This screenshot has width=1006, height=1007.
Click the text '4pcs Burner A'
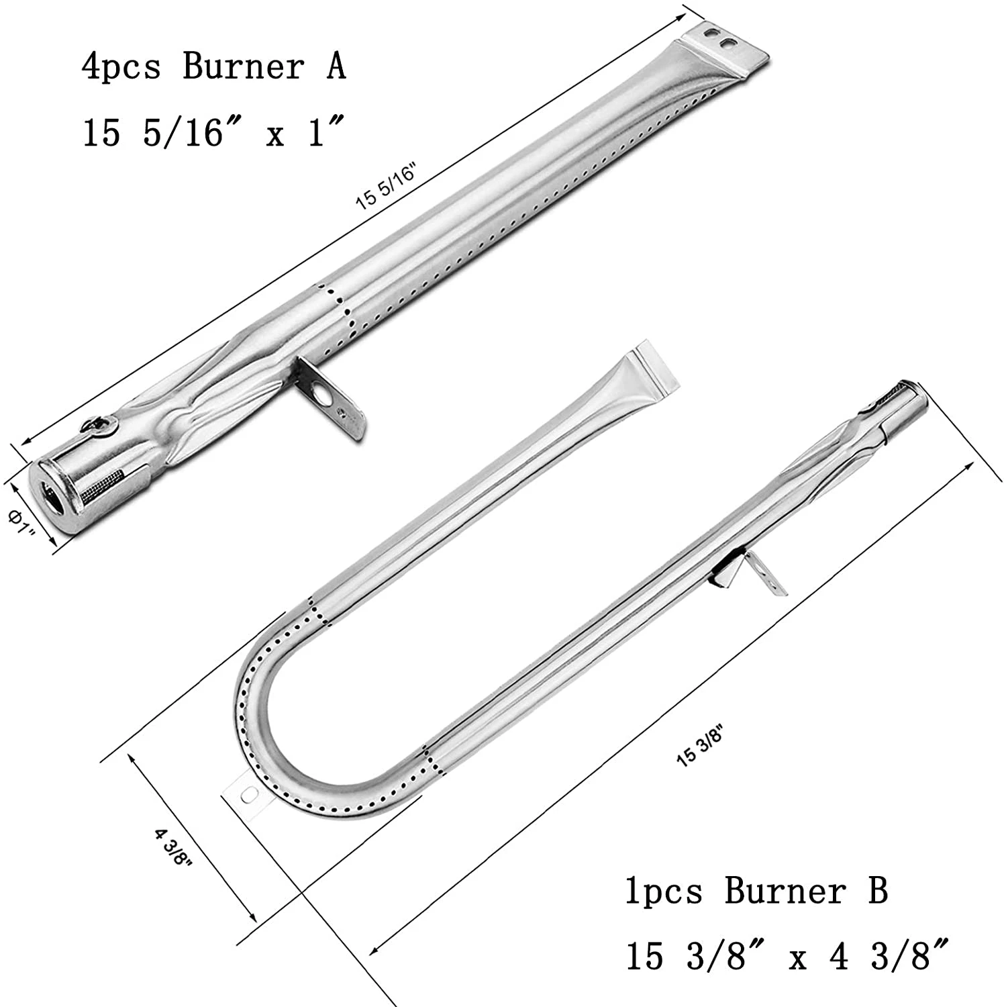(x=213, y=67)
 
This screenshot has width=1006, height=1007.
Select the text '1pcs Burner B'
(x=756, y=892)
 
